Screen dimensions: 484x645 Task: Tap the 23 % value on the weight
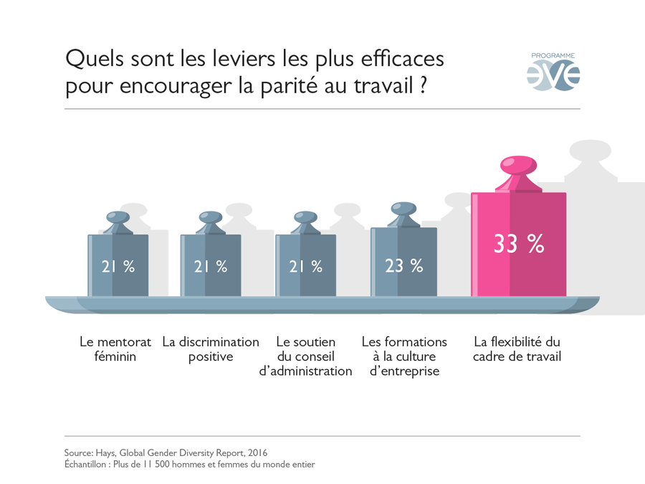tap(403, 265)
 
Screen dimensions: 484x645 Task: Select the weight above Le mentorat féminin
tap(118, 265)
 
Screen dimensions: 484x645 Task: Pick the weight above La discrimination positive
tap(211, 265)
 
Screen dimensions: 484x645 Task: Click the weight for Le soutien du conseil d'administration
tap(306, 265)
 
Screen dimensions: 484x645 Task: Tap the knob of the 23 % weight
tap(403, 209)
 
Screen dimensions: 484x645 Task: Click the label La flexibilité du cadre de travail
tap(517, 349)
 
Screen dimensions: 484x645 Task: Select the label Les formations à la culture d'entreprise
tap(404, 356)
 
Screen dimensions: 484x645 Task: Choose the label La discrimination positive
tap(211, 349)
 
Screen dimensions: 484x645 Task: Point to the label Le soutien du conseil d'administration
tap(305, 356)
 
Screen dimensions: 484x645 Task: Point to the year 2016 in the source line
tap(259, 453)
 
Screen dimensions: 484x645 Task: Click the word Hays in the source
tap(106, 453)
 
